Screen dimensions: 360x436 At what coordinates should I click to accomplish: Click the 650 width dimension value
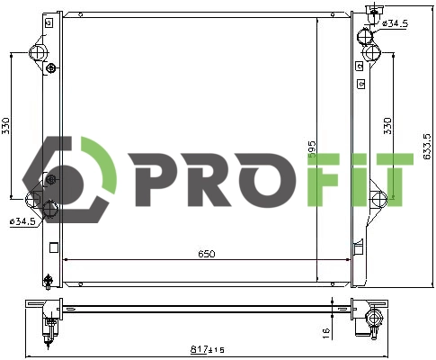(206, 255)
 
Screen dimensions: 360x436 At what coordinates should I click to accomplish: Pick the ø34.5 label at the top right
(394, 22)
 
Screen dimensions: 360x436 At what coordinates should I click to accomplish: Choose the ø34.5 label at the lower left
(22, 220)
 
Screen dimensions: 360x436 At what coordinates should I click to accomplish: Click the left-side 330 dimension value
(5, 125)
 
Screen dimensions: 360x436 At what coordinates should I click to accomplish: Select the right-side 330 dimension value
(387, 125)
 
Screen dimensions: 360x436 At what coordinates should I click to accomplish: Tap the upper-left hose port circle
(37, 54)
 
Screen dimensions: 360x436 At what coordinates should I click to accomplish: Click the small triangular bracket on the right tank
(359, 246)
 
